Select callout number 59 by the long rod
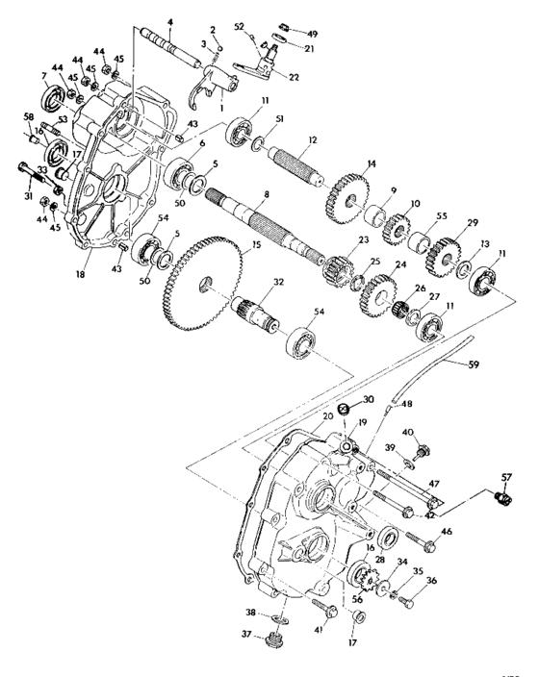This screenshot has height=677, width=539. (500, 364)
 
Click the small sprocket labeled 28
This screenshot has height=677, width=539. (368, 580)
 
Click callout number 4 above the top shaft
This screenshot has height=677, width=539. (169, 21)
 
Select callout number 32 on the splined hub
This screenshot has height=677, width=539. (278, 285)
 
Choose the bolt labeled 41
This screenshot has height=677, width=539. (321, 607)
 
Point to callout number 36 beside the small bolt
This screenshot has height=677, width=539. (430, 580)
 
